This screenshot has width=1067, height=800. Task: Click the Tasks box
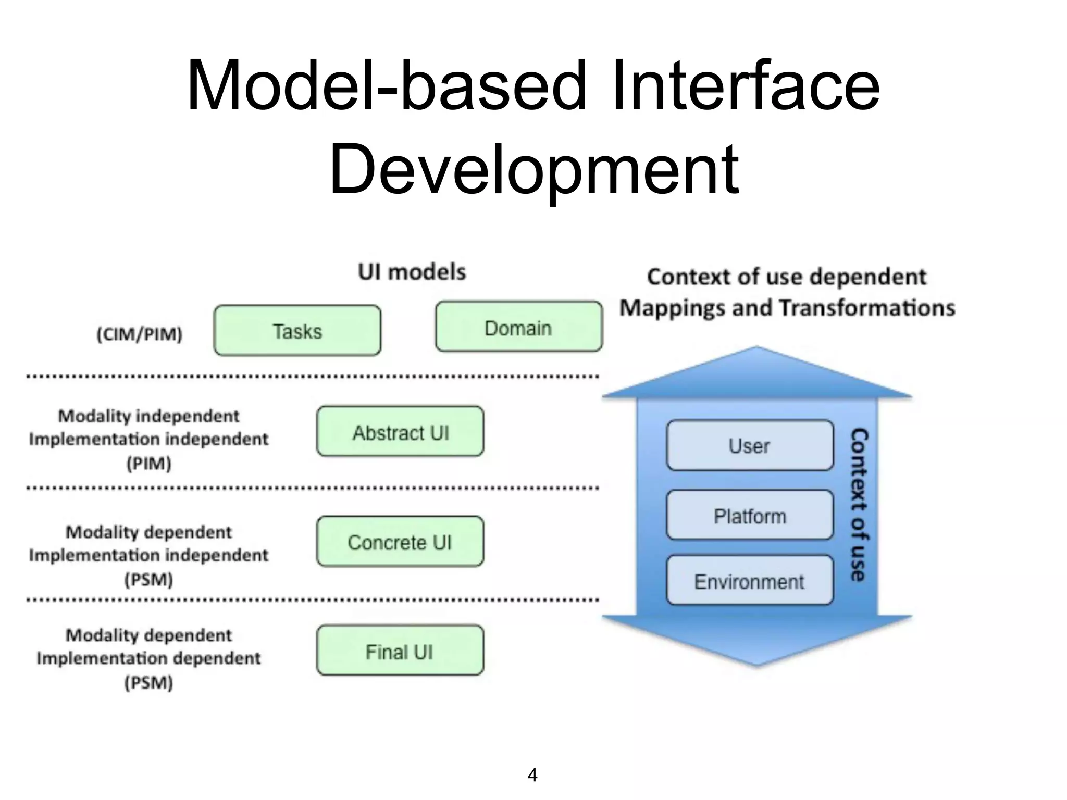click(x=297, y=331)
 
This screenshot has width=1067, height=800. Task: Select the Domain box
click(x=518, y=327)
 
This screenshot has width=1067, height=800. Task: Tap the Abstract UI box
click(x=400, y=432)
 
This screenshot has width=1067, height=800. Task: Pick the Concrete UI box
click(x=400, y=542)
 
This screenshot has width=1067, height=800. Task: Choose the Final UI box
click(x=400, y=651)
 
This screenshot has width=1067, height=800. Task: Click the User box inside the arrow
click(x=749, y=446)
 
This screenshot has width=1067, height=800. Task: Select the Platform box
click(x=749, y=516)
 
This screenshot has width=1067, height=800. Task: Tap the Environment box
click(x=749, y=581)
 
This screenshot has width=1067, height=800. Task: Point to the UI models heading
click(x=412, y=272)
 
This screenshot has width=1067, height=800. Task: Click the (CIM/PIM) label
click(x=140, y=334)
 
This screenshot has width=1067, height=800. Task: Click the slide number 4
click(x=532, y=775)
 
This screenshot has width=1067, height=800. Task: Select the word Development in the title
click(x=533, y=169)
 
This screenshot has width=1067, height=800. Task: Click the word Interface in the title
click(x=745, y=86)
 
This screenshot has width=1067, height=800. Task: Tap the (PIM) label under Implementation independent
click(x=149, y=463)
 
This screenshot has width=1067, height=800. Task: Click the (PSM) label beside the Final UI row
click(x=149, y=682)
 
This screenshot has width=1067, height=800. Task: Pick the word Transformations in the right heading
click(x=867, y=308)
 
